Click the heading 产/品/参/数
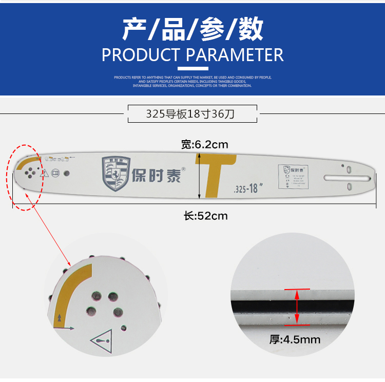(x=192, y=29)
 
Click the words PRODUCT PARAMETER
(x=192, y=55)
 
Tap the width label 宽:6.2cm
(x=204, y=144)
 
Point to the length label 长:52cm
(x=205, y=216)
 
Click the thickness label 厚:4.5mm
(x=295, y=339)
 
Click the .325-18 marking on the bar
(x=245, y=188)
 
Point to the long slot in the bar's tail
(x=347, y=178)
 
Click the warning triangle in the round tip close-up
(x=102, y=339)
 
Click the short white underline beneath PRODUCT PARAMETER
(x=192, y=68)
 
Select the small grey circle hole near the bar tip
(x=66, y=173)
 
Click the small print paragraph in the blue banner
(x=192, y=81)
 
